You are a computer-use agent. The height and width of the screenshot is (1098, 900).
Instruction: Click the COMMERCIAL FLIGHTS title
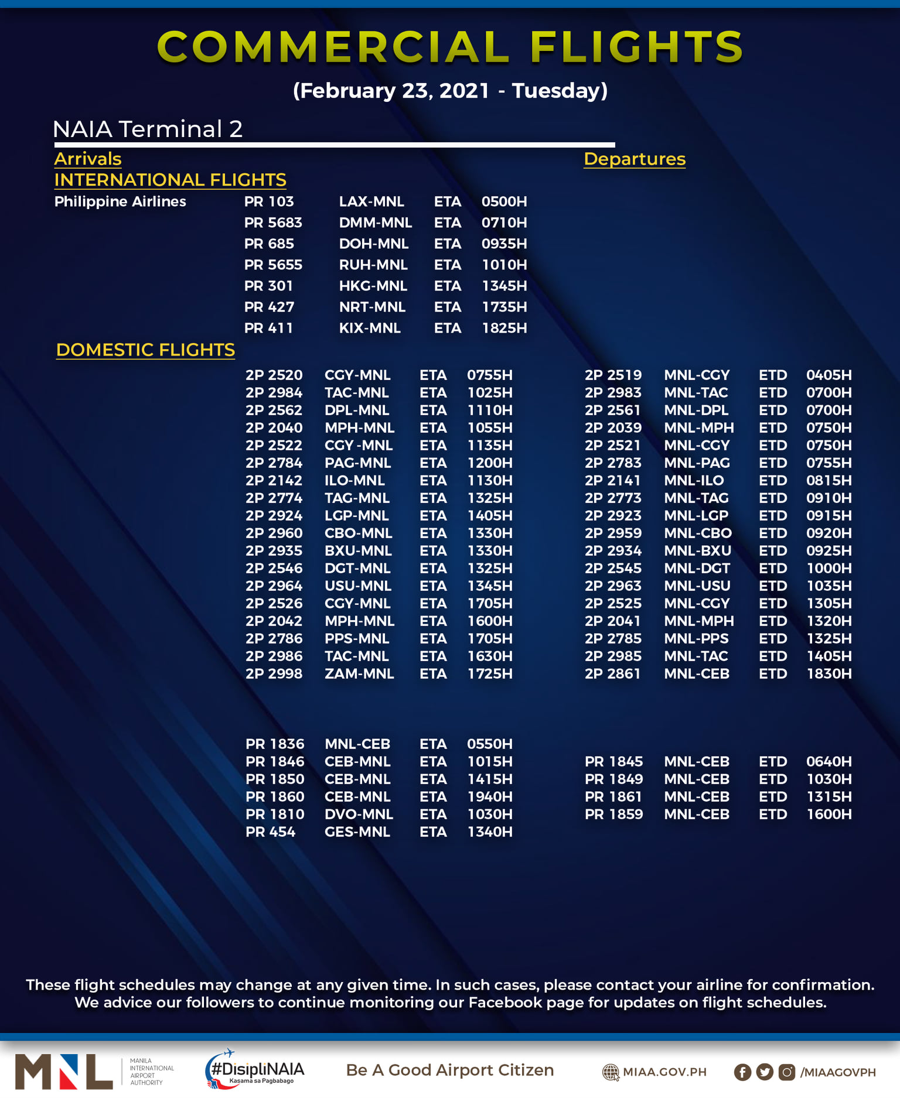(450, 47)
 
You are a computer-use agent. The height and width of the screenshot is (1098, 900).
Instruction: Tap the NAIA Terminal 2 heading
(148, 129)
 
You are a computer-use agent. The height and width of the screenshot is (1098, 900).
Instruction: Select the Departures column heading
(635, 159)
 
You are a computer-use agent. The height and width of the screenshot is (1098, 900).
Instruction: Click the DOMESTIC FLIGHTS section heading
(145, 350)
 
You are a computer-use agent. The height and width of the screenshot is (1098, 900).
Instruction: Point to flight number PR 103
(269, 201)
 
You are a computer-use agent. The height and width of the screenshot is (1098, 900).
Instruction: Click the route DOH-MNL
(374, 244)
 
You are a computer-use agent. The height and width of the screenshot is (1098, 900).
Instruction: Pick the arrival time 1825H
(504, 328)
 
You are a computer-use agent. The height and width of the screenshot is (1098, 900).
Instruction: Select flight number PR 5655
(273, 265)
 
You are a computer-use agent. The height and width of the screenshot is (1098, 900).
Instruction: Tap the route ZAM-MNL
(359, 673)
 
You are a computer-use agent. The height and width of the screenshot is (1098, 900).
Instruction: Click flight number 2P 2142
(274, 480)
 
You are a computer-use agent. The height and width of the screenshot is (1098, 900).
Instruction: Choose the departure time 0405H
(829, 375)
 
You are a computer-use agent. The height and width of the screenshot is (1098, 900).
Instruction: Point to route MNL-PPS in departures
(696, 638)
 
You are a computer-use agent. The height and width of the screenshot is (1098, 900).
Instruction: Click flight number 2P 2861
(612, 673)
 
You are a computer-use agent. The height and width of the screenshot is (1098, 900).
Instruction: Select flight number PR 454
(270, 832)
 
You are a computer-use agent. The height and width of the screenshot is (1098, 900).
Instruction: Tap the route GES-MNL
(357, 832)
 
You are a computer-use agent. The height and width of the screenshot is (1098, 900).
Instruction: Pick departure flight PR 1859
(613, 814)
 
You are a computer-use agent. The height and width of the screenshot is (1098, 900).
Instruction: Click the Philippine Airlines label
(120, 201)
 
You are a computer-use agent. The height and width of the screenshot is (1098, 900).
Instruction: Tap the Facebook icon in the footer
(742, 1072)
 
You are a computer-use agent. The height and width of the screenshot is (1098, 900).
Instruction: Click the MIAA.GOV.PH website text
(664, 1072)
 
